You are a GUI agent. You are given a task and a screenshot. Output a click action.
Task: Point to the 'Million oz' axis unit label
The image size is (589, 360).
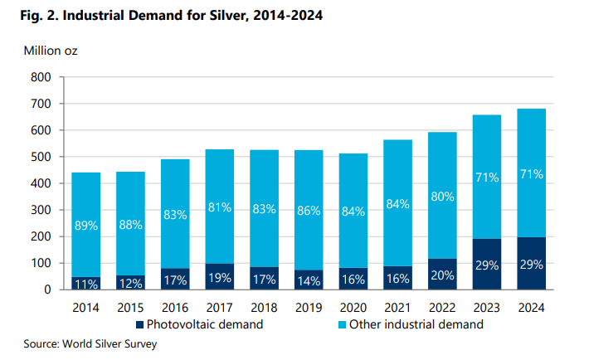[51, 51]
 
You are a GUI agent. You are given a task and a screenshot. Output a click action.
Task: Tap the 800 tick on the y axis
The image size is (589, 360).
[41, 77]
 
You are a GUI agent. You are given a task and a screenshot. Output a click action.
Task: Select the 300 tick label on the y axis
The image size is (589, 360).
[41, 210]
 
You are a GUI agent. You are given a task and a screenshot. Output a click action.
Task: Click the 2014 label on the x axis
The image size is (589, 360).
[85, 308]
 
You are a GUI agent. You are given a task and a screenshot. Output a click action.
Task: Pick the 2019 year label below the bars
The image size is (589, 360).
[309, 308]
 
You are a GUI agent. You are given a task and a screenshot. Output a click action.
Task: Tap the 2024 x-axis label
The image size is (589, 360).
[531, 308]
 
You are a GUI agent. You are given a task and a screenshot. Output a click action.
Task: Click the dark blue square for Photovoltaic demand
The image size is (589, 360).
[139, 324]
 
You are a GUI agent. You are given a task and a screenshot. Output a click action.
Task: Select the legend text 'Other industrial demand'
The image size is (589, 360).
[416, 324]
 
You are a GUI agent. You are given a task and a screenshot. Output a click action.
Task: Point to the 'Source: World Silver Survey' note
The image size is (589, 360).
[90, 344]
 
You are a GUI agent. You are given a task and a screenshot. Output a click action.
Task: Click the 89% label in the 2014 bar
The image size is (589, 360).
[86, 226]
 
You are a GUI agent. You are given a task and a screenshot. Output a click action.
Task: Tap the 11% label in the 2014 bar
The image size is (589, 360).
[86, 284]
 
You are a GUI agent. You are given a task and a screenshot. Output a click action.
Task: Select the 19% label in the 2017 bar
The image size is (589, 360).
[220, 278]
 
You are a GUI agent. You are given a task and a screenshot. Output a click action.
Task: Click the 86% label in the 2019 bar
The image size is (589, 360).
[309, 211]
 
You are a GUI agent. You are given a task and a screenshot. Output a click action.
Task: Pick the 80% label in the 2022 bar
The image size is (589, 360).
[442, 197]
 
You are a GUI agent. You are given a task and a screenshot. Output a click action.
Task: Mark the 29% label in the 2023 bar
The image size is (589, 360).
[487, 265]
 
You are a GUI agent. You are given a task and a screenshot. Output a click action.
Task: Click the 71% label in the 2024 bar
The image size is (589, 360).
[532, 174]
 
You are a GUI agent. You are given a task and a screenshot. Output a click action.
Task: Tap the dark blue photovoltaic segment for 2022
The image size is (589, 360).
[442, 274]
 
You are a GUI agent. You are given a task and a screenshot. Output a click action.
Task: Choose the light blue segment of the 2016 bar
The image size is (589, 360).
[175, 214]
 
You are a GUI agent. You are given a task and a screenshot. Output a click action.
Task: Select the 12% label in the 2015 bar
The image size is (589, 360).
[131, 284]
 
